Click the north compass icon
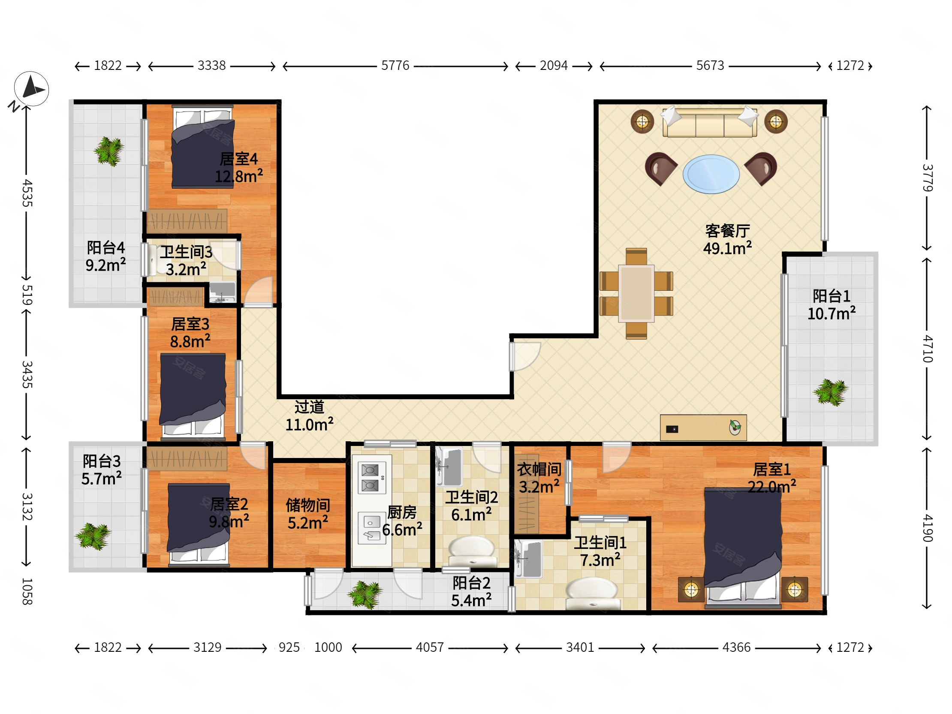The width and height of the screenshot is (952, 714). tap(31, 89)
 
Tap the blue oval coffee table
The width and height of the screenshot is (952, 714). tap(711, 174)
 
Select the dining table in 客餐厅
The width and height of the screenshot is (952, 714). tap(636, 293)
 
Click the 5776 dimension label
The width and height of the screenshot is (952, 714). tap(395, 66)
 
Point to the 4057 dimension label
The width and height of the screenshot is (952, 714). tap(430, 647)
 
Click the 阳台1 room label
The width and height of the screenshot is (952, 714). tap(831, 296)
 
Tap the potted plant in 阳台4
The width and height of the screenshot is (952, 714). tap(109, 151)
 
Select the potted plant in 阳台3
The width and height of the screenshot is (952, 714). tap(93, 536)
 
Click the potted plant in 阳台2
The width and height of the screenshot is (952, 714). tap(365, 594)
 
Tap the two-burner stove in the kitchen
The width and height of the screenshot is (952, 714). tap(370, 478)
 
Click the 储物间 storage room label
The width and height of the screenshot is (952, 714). tap(308, 505)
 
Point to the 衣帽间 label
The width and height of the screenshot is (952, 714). tap(539, 469)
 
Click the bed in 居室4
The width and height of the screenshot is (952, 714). tap(203, 147)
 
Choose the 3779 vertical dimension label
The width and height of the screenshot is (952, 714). tap(928, 178)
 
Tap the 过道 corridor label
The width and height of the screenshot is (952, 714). tap(309, 407)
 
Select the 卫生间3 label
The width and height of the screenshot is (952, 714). tap(187, 252)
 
